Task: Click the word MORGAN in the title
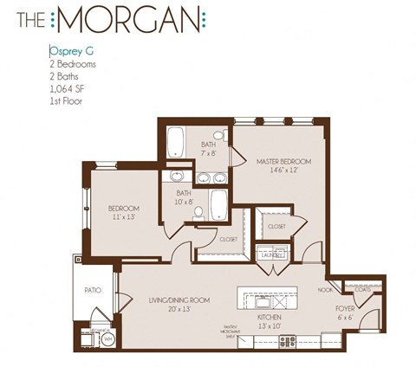click(x=143, y=18)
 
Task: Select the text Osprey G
click(x=72, y=52)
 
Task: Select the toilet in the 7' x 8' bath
click(x=219, y=138)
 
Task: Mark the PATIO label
click(x=93, y=292)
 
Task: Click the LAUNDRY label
click(x=272, y=254)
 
